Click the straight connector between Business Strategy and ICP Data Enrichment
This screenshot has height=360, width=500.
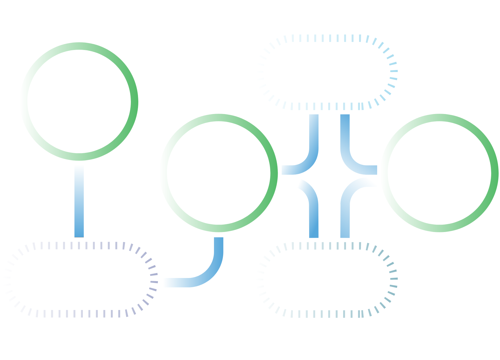[79, 200]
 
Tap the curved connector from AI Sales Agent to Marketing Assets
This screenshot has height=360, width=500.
[310, 157]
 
